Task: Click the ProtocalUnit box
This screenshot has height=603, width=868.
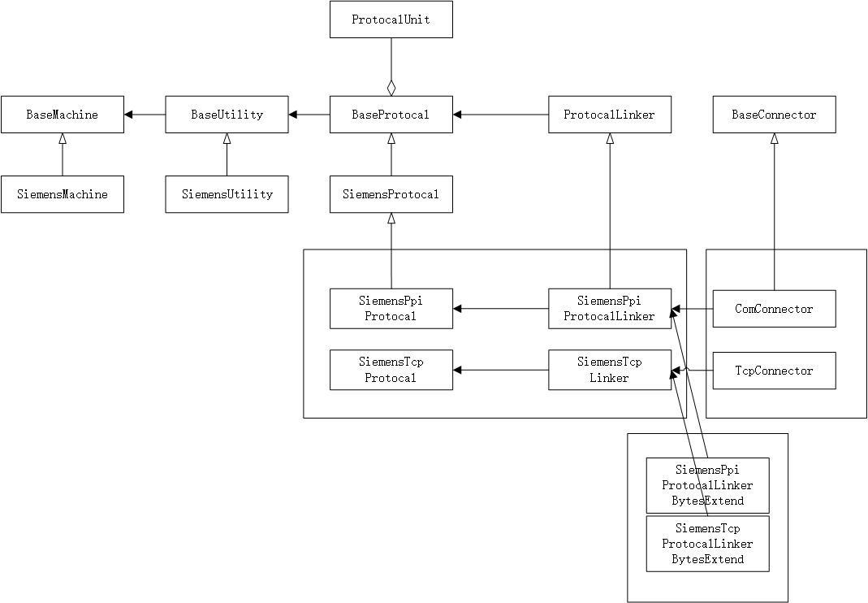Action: [x=391, y=20]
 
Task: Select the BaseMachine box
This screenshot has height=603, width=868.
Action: [x=63, y=115]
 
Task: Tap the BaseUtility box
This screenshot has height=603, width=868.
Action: [x=227, y=115]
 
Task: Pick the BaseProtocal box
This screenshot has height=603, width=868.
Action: [x=391, y=115]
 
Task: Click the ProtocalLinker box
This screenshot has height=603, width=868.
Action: [x=610, y=115]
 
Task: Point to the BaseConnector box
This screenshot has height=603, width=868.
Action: [x=774, y=115]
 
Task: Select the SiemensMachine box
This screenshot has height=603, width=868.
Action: [x=63, y=194]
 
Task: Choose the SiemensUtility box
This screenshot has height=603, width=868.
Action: [x=227, y=194]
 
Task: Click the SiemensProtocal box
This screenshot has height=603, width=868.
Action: [x=391, y=194]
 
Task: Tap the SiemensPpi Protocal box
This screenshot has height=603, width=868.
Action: [x=391, y=309]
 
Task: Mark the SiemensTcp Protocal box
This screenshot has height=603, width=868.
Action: [x=391, y=371]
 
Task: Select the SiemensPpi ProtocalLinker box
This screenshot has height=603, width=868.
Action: [x=610, y=309]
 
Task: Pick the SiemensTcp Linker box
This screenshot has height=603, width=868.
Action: [x=610, y=371]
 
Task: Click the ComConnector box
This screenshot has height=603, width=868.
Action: [x=774, y=309]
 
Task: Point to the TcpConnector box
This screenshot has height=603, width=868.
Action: [x=774, y=371]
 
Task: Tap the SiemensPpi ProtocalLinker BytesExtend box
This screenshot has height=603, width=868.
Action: [x=707, y=485]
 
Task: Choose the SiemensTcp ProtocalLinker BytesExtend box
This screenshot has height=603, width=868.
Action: [x=707, y=544]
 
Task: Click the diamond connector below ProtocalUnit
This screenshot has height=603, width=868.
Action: [x=391, y=87]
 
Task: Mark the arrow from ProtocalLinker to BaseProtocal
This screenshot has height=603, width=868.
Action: [x=500, y=115]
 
